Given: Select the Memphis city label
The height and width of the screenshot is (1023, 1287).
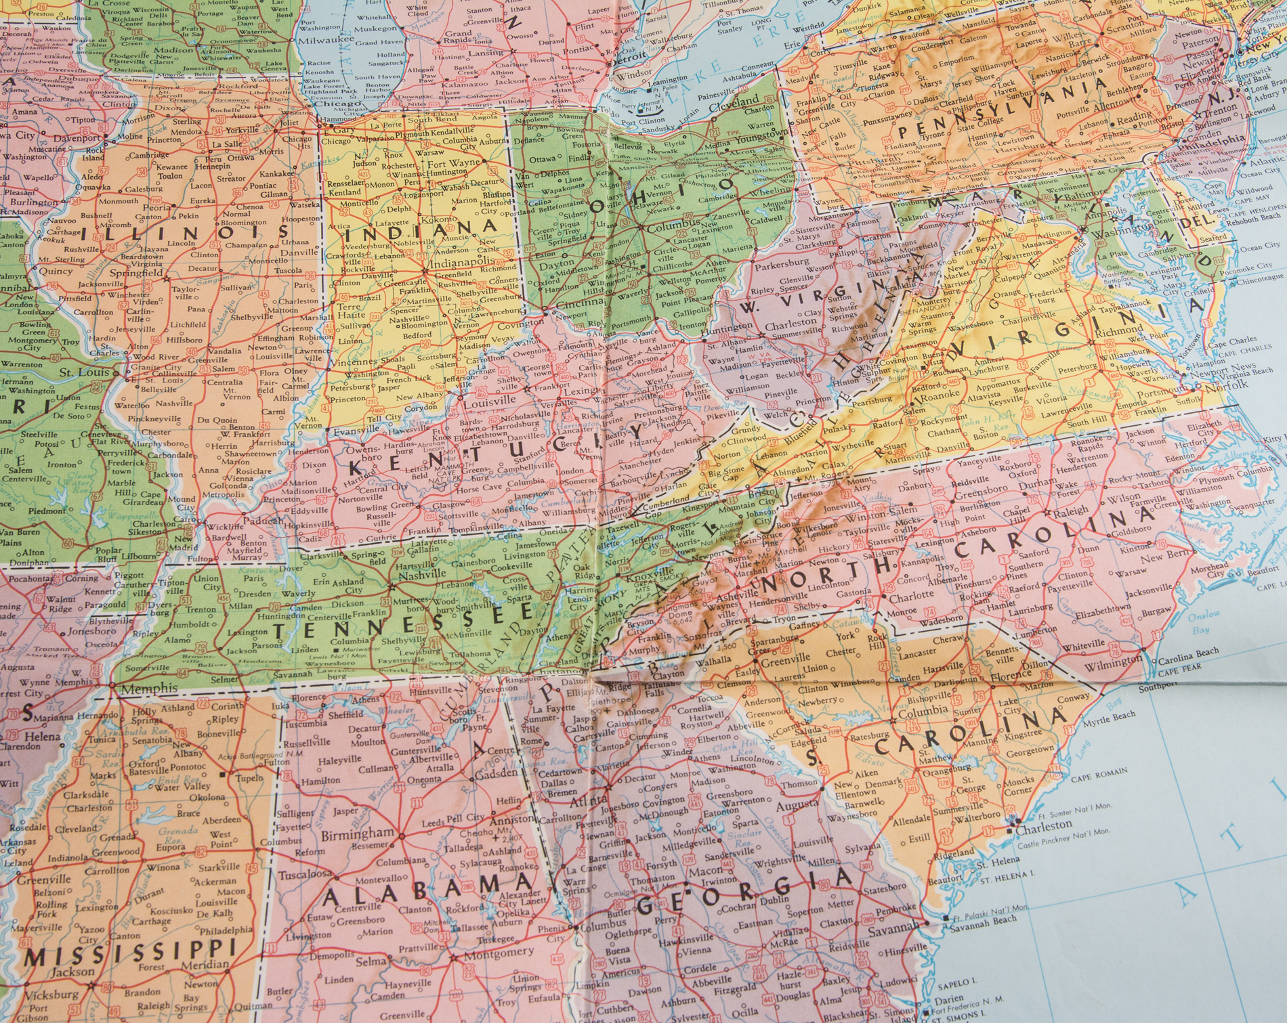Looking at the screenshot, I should [148, 689].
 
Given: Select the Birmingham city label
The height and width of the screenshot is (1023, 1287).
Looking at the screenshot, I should [357, 834].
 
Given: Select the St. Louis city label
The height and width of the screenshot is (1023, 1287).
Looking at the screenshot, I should [84, 372].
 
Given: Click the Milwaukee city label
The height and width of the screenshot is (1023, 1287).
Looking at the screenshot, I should [322, 40].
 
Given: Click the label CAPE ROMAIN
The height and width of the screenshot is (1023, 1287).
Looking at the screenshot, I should [1099, 772].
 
